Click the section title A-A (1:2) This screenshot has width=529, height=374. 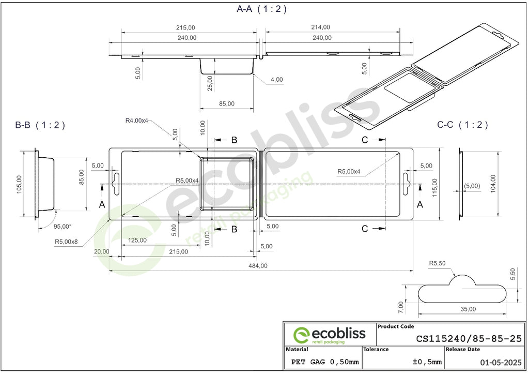pos(261,9)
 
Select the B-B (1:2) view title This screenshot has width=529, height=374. pos(40,125)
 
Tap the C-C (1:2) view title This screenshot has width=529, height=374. pos(462,125)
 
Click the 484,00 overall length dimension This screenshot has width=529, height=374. pos(258,266)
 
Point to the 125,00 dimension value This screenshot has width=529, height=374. pos(137,240)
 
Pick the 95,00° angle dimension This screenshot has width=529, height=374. pos(63,227)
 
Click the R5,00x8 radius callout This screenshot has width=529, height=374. pos(66,242)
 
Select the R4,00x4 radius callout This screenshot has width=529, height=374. pos(136,121)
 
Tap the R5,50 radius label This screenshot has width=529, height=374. pos(437,263)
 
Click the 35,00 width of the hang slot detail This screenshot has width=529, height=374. pos(468,309)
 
